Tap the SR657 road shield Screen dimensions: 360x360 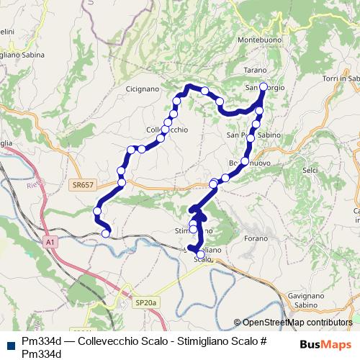coord(83,185)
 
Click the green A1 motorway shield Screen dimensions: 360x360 coord(50,243)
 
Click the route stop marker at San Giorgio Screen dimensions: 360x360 coord(263,87)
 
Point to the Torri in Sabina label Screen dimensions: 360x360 coord(341,78)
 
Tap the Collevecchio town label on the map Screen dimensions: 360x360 coord(167,130)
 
